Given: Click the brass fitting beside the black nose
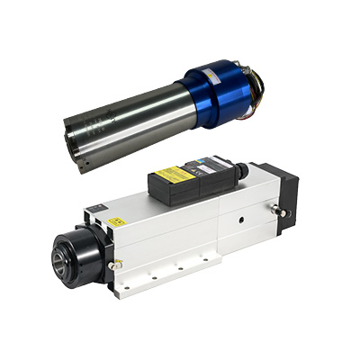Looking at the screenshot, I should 114,265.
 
